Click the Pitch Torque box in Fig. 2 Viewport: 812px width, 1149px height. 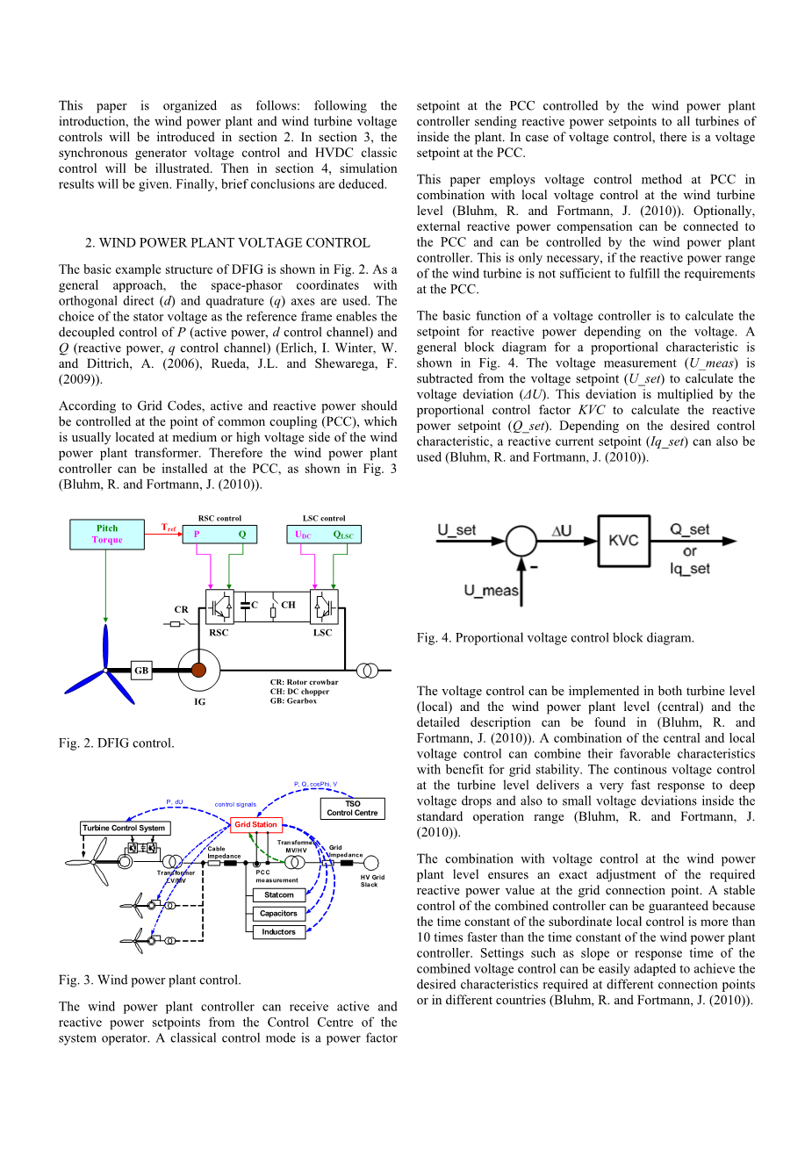(x=107, y=535)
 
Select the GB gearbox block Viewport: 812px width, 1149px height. (x=141, y=671)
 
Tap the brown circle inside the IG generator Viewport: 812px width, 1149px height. (x=199, y=671)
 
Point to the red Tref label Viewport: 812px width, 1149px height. (x=169, y=528)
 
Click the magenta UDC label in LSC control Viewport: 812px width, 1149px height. (x=303, y=535)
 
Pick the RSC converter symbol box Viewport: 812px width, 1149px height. (x=219, y=607)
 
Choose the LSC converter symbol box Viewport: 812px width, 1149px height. (x=323, y=607)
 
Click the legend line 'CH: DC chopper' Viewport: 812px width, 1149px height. (x=299, y=692)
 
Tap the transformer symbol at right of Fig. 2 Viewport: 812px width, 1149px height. (x=368, y=671)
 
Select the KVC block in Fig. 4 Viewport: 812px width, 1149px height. (x=623, y=540)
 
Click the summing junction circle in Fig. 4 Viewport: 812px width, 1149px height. (x=521, y=540)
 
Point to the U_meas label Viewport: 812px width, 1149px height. (x=492, y=591)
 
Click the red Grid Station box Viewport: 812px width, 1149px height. (x=255, y=824)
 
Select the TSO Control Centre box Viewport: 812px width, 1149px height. (x=352, y=808)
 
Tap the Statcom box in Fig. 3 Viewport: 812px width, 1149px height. (x=278, y=895)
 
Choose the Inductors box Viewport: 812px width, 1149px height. (x=278, y=932)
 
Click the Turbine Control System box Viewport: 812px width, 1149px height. (x=124, y=828)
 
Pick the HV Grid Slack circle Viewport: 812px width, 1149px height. (x=371, y=863)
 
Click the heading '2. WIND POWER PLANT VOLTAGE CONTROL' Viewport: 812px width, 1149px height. (x=227, y=243)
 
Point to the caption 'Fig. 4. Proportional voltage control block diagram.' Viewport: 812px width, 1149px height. (x=555, y=638)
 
